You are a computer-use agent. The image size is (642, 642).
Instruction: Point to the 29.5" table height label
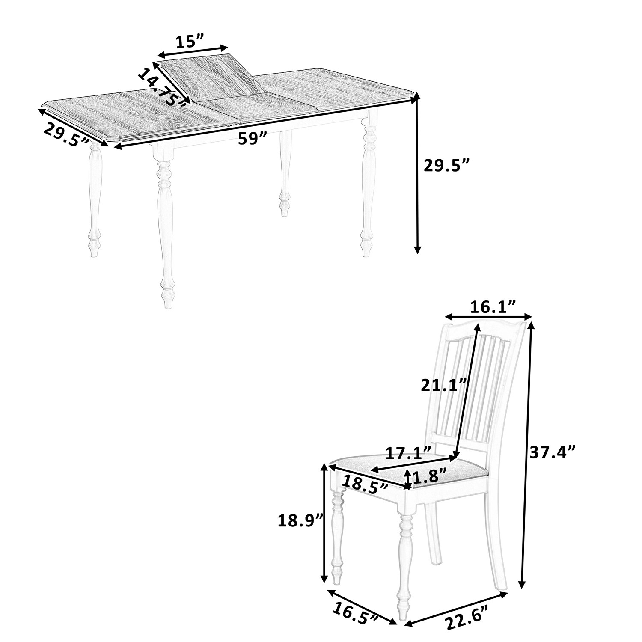pos(446,165)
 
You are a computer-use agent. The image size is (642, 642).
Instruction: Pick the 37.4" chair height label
pos(553,452)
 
